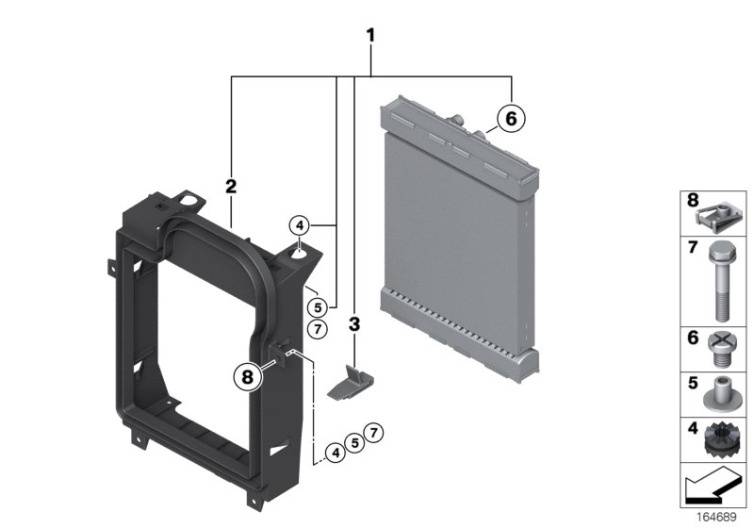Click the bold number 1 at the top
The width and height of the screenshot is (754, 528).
[x=370, y=35]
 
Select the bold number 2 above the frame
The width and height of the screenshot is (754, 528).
[x=231, y=186]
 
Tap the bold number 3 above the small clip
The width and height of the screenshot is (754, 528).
[x=354, y=324]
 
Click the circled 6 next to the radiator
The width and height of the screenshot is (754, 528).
[x=511, y=118]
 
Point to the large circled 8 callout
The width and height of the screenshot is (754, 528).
[x=247, y=376]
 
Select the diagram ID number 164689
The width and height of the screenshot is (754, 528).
[x=716, y=517]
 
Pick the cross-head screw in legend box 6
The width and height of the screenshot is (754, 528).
[x=720, y=349]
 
